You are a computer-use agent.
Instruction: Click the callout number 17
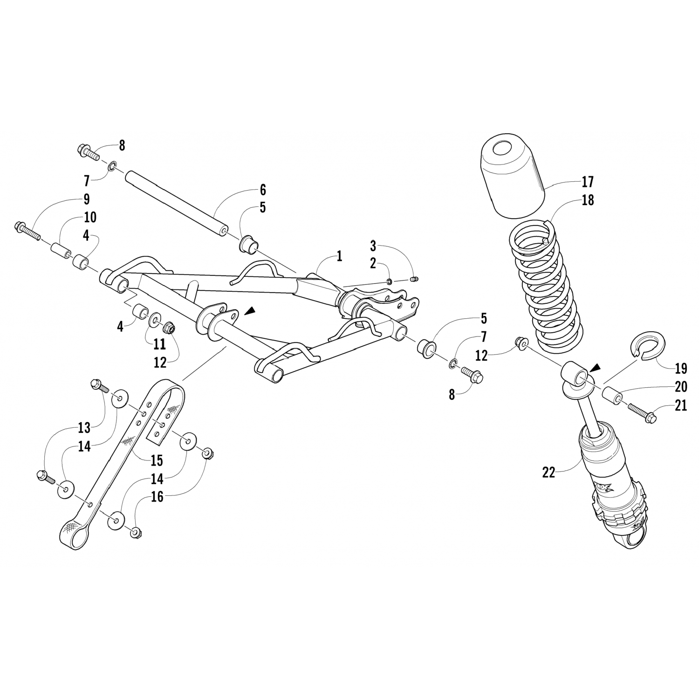click(588, 181)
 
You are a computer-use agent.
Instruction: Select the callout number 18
click(588, 200)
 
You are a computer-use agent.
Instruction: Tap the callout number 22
click(549, 473)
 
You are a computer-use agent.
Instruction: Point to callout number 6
click(263, 190)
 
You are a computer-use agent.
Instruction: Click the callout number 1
click(339, 256)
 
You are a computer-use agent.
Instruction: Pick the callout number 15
click(157, 461)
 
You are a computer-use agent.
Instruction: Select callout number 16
click(158, 497)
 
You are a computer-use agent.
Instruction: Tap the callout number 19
click(681, 369)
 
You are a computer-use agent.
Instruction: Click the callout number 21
click(681, 406)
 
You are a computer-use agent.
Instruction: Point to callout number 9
click(87, 199)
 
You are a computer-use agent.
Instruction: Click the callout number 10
click(90, 217)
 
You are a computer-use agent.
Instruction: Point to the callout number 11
click(159, 344)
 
